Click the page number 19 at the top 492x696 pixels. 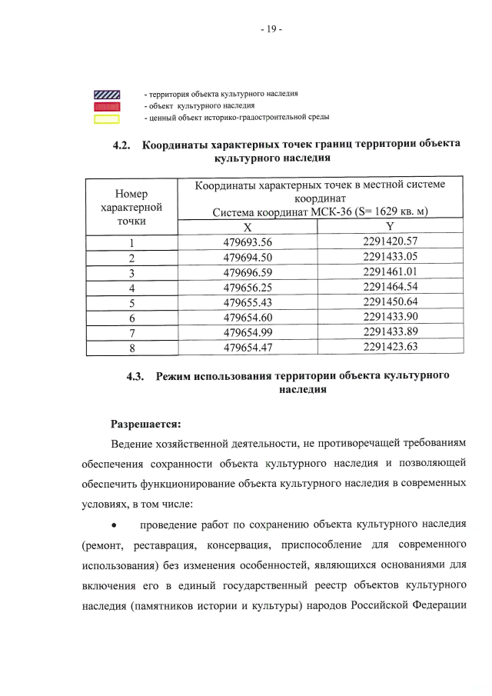point(271,30)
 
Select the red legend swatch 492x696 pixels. point(107,106)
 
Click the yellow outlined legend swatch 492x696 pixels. point(107,118)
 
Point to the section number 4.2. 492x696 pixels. point(124,145)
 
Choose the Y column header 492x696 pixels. point(390,227)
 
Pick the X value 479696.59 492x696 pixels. point(248,272)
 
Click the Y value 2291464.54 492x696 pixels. point(390,286)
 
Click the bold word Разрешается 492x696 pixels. point(146,424)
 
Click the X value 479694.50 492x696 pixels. point(248,258)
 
